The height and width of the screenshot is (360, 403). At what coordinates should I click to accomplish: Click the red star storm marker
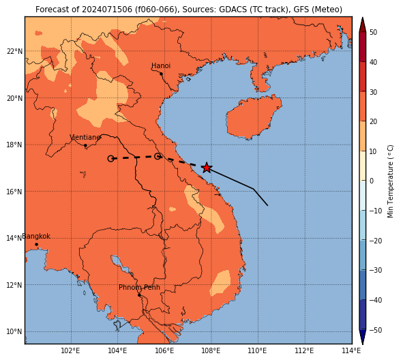(x=207, y=168)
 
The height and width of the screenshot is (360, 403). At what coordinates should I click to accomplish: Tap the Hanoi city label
(x=161, y=65)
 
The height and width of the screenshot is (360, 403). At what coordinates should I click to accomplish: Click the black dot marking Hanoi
(x=161, y=74)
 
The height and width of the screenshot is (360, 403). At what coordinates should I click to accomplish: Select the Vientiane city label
(x=85, y=137)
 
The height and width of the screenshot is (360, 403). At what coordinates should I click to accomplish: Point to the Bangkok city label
(x=36, y=236)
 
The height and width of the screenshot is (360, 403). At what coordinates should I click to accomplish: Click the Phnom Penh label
(x=139, y=287)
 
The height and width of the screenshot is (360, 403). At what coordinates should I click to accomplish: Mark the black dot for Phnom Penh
(x=139, y=295)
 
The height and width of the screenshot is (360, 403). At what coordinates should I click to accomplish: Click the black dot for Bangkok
(x=37, y=244)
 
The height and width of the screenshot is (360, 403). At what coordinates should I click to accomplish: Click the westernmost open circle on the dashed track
(x=110, y=159)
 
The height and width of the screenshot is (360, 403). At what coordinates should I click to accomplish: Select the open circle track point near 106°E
(x=158, y=156)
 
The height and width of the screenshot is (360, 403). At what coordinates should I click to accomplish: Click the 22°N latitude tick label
(x=14, y=51)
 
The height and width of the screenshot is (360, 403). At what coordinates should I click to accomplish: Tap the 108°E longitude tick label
(x=211, y=350)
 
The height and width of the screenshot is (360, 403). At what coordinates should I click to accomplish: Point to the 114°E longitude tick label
(x=351, y=350)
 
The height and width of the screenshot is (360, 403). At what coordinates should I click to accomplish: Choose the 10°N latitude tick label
(x=14, y=332)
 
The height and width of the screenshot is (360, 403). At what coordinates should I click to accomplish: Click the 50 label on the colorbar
(x=373, y=32)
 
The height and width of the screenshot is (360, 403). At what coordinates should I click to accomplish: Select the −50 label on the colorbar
(x=376, y=330)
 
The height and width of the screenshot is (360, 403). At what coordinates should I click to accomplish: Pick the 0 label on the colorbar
(x=372, y=181)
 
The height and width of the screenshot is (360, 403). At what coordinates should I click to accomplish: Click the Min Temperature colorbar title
(x=391, y=181)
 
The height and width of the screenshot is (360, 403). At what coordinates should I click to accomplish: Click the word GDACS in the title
(x=232, y=10)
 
